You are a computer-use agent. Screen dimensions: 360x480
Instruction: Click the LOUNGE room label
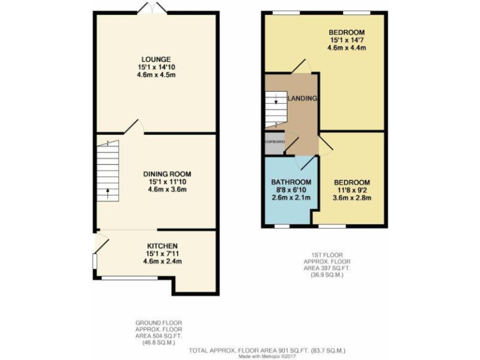tap(156, 59)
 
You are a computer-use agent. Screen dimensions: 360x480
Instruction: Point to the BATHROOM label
tap(289, 182)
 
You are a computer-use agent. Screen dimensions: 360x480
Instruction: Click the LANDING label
tap(302, 99)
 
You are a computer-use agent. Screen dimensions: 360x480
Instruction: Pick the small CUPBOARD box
tap(275, 142)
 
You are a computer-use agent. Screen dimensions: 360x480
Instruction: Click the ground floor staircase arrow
tap(107, 192)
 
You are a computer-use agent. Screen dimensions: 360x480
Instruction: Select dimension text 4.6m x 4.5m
tap(156, 75)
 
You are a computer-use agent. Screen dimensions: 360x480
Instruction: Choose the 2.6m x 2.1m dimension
tap(289, 198)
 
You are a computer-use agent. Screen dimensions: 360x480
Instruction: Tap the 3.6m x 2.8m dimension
tap(351, 198)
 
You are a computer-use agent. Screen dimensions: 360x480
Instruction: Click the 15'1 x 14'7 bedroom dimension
tap(347, 40)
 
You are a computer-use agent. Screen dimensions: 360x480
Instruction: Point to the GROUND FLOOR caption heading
tap(158, 323)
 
